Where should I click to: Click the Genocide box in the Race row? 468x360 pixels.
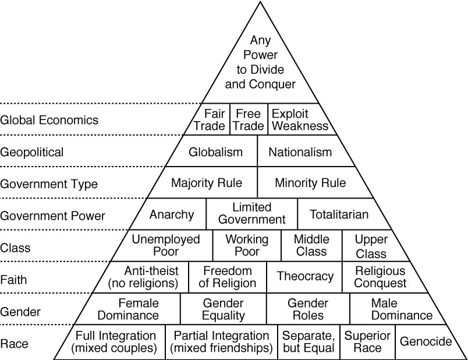[x=426, y=342]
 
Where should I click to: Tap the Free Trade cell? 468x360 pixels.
[x=248, y=119]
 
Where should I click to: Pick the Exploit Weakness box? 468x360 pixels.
[x=299, y=119]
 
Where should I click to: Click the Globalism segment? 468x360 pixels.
[x=215, y=152]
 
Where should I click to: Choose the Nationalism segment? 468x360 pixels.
[x=300, y=152]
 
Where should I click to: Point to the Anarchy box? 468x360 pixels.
[x=172, y=214]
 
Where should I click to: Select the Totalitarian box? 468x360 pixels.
[x=339, y=214]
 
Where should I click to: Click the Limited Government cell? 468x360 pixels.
[x=251, y=214]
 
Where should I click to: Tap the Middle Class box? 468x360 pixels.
[x=311, y=246]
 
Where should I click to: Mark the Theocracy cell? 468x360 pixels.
[x=305, y=277]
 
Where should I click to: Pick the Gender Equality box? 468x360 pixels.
[x=224, y=309]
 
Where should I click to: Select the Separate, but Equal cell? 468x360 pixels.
[x=309, y=342]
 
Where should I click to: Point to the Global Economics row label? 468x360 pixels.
[x=49, y=121]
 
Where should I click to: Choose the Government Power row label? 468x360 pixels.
[x=53, y=216]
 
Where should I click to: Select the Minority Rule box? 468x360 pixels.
[x=310, y=183]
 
